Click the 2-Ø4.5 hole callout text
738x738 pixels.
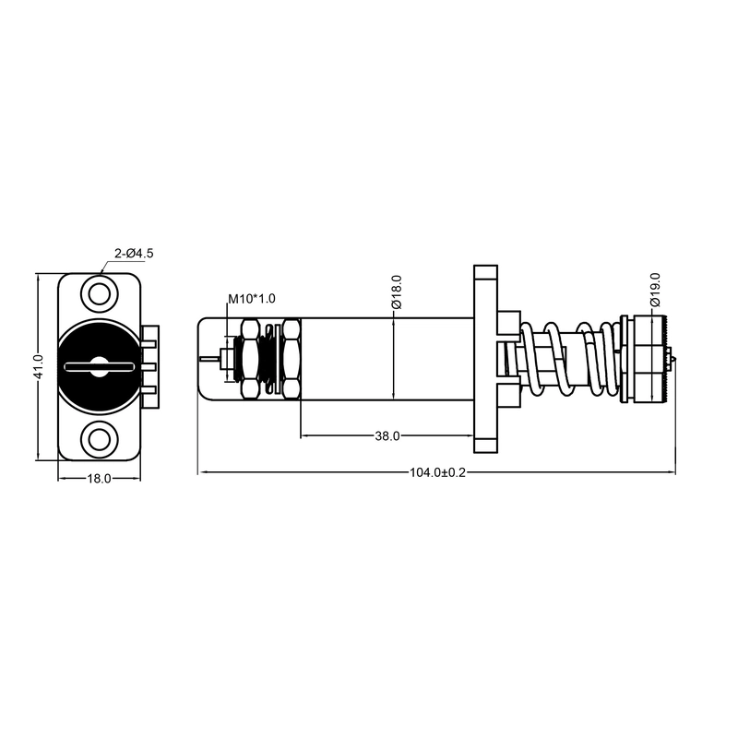(134, 253)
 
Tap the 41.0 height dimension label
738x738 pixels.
(39, 367)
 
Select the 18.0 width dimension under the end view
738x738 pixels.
(100, 479)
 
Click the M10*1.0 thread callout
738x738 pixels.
(252, 299)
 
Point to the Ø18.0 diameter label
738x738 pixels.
(397, 292)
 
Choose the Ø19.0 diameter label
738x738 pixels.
(655, 290)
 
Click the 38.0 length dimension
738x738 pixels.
(387, 436)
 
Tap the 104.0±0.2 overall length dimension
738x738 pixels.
(437, 472)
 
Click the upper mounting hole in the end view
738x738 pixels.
(100, 295)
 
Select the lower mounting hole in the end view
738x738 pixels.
(100, 440)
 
